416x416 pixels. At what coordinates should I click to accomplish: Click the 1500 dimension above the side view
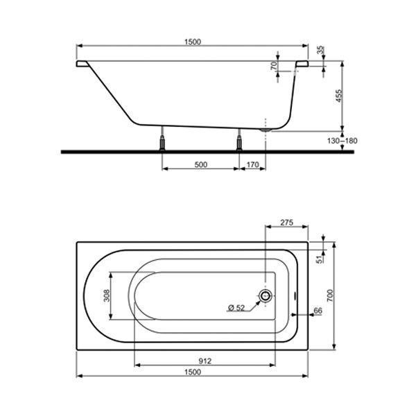[x=193, y=42]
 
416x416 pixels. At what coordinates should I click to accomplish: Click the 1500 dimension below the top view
[x=193, y=372]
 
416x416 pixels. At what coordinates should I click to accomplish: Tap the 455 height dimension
[x=339, y=96]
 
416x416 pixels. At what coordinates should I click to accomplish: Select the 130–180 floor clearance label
[x=343, y=141]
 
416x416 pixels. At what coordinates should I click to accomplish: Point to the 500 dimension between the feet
[x=201, y=165]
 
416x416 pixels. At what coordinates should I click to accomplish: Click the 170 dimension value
[x=252, y=165]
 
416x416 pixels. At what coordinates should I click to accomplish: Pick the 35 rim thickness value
[x=321, y=50]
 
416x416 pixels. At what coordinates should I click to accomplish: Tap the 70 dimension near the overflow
[x=274, y=66]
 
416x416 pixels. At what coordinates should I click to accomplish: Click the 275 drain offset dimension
[x=287, y=223]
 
